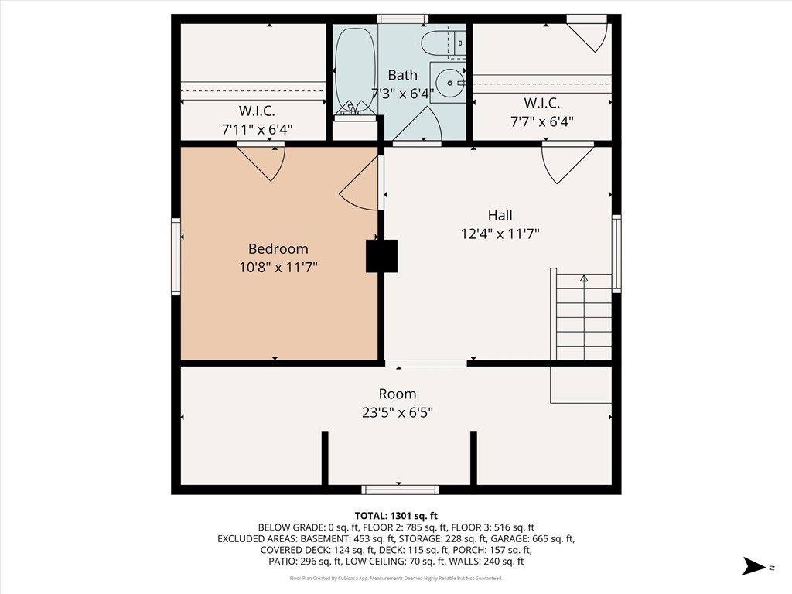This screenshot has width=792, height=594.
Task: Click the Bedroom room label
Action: point(278,249)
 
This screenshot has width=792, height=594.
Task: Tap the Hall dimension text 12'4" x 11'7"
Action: point(500,233)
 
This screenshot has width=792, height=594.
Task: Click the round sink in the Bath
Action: point(446,81)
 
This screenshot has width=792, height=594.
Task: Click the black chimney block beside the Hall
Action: point(381,256)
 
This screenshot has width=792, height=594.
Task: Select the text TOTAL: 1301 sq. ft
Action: point(396,515)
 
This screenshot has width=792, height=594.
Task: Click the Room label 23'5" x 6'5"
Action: point(397,412)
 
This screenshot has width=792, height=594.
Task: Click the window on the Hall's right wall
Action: point(616,253)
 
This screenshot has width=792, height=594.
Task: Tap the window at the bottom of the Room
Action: point(401,489)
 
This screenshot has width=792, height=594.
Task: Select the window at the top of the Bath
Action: point(402,19)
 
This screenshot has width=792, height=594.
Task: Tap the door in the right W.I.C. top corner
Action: point(588,33)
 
